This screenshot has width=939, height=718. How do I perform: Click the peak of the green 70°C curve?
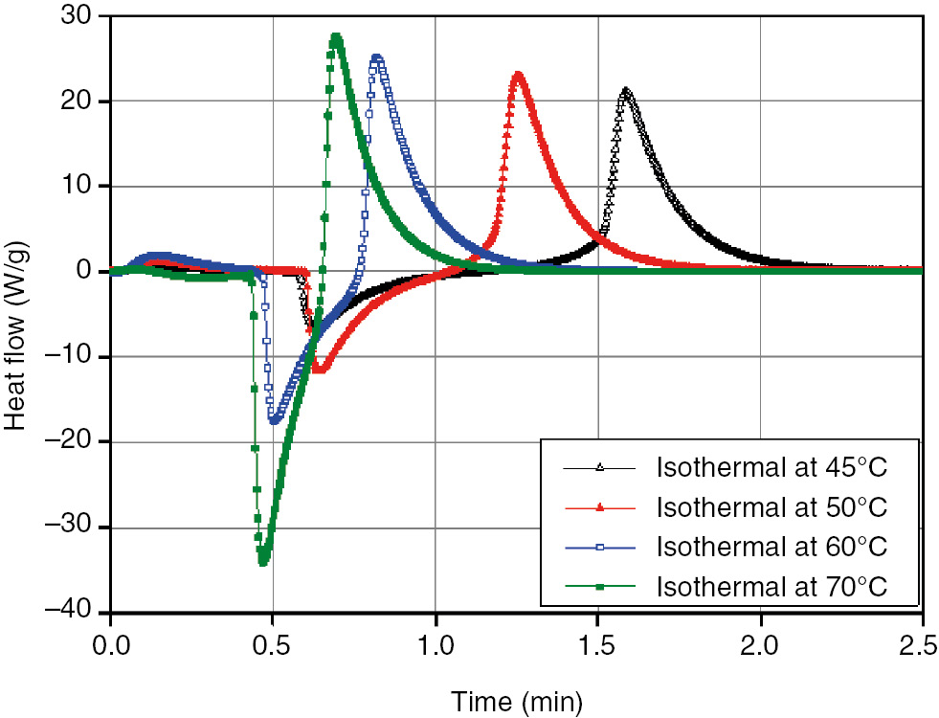(x=336, y=38)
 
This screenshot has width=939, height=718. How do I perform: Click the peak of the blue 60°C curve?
(x=377, y=57)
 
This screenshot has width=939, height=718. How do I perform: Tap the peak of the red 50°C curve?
(x=518, y=75)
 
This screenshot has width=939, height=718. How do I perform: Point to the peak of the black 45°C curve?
(x=625, y=91)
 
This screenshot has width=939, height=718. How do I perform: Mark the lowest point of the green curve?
(x=263, y=560)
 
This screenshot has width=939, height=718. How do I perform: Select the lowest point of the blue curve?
(x=276, y=419)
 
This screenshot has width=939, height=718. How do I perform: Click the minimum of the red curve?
(x=319, y=369)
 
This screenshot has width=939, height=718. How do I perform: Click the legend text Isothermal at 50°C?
(x=771, y=507)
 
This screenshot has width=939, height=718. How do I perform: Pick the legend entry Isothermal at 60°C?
(x=771, y=547)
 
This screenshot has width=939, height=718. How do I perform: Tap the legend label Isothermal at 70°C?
(x=771, y=586)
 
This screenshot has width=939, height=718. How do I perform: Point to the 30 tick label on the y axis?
(x=79, y=17)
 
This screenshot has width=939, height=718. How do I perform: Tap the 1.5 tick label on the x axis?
(x=598, y=639)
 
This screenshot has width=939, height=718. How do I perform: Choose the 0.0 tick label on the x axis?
(x=111, y=639)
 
